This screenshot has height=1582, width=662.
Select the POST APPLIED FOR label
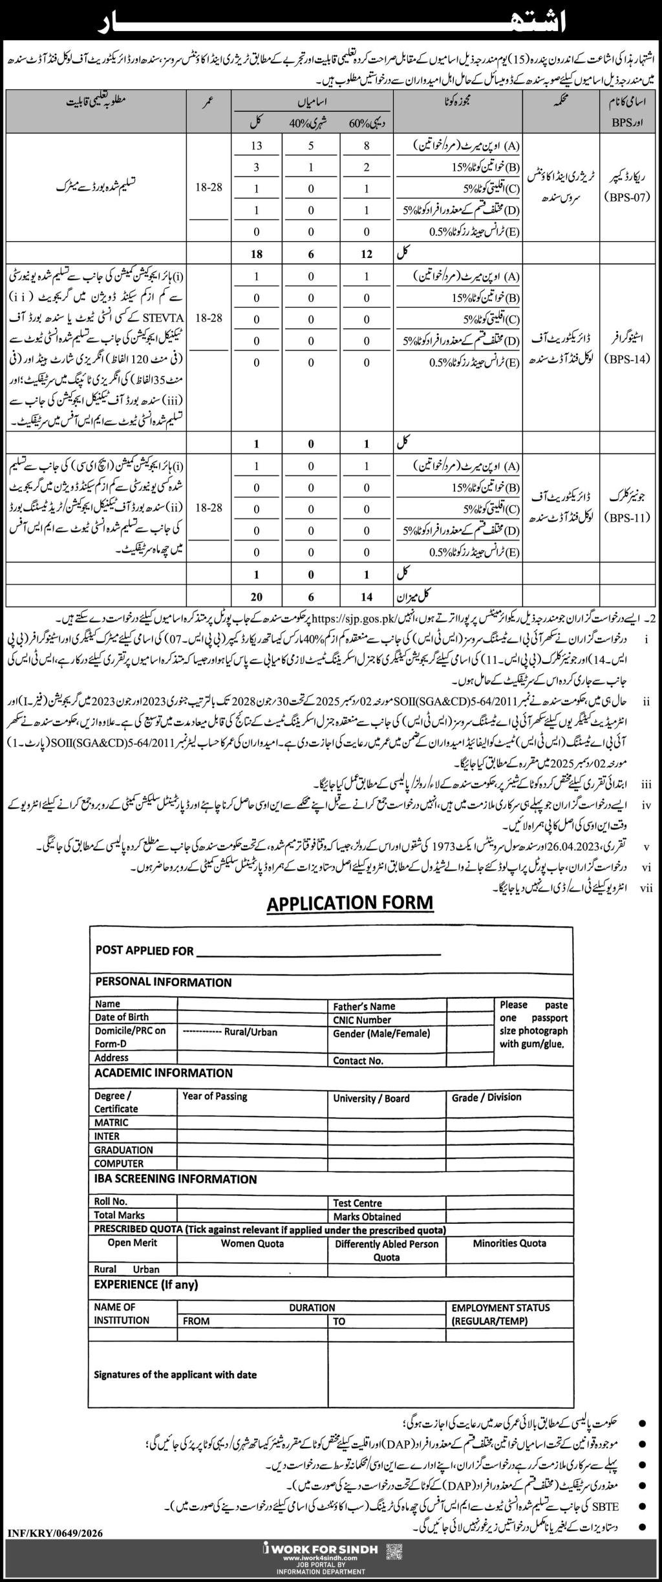pyautogui.click(x=144, y=950)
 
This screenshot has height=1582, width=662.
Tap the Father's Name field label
pyautogui.click(x=363, y=1006)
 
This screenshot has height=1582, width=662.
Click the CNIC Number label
pyautogui.click(x=362, y=1020)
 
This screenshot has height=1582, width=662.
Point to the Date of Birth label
pyautogui.click(x=122, y=1017)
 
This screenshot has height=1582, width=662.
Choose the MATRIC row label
pyautogui.click(x=111, y=1122)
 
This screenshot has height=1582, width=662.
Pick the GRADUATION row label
pyautogui.click(x=123, y=1149)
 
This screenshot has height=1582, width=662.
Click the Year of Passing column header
pyautogui.click(x=215, y=1096)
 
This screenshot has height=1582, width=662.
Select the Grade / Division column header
pyautogui.click(x=486, y=1097)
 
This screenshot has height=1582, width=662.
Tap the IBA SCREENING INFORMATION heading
pyautogui.click(x=176, y=1179)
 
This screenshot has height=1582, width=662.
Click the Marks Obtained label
pyautogui.click(x=367, y=1216)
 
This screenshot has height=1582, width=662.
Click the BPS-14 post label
pyautogui.click(x=626, y=359)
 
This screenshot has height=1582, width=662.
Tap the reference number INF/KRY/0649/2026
pyautogui.click(x=55, y=1532)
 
